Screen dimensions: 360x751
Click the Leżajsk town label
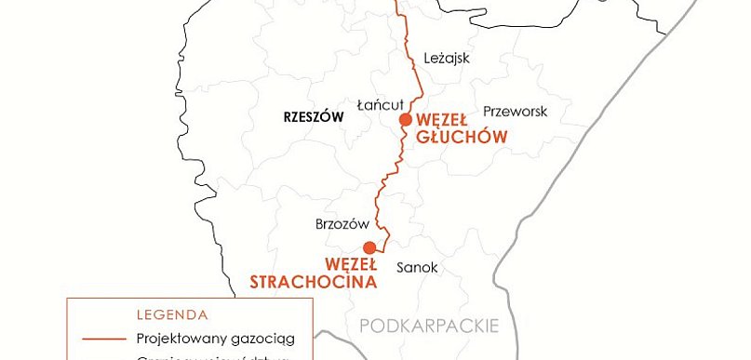pyautogui.click(x=447, y=58)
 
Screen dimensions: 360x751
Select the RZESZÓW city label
pyautogui.click(x=314, y=117)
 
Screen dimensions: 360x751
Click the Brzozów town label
pyautogui.click(x=343, y=225)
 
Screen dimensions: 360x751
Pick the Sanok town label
pyautogui.click(x=417, y=268)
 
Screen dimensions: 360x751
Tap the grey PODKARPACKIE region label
pyautogui.click(x=429, y=326)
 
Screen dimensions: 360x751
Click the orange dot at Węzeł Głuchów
pyautogui.click(x=405, y=120)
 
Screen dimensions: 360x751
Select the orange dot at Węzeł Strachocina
pyautogui.click(x=369, y=247)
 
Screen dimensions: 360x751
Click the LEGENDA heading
pyautogui.click(x=171, y=314)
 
